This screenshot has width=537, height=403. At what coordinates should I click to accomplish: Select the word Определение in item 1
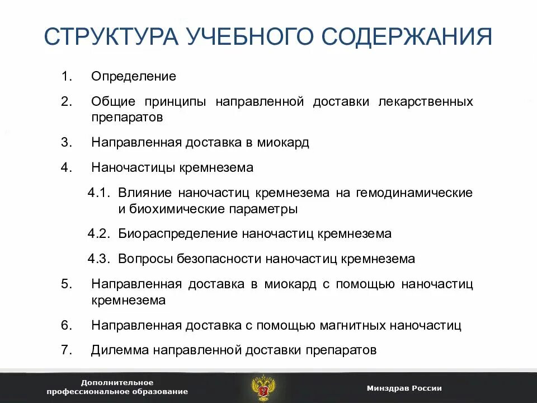pyautogui.click(x=134, y=76)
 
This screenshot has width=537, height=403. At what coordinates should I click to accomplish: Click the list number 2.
pyautogui.click(x=67, y=101)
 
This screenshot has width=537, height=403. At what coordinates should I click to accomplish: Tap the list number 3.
pyautogui.click(x=67, y=142)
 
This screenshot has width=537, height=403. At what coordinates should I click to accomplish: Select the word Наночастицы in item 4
pyautogui.click(x=134, y=167)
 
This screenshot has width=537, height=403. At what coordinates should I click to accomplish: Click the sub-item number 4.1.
pyautogui.click(x=101, y=193)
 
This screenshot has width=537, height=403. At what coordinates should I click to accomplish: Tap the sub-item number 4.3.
pyautogui.click(x=101, y=259)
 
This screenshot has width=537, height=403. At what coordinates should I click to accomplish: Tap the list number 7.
pyautogui.click(x=67, y=350)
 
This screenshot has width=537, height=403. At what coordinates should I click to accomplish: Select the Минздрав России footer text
pyautogui.click(x=404, y=388)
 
